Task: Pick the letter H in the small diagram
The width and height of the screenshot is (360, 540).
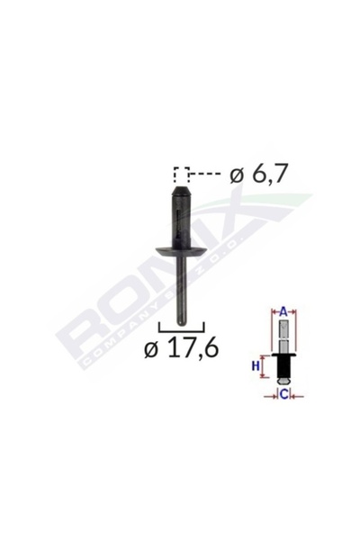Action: click(x=256, y=364)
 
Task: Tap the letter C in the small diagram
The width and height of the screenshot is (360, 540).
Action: click(x=283, y=393)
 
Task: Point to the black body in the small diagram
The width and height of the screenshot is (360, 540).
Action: click(x=283, y=369)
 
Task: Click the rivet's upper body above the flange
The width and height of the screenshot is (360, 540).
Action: click(x=181, y=220)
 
